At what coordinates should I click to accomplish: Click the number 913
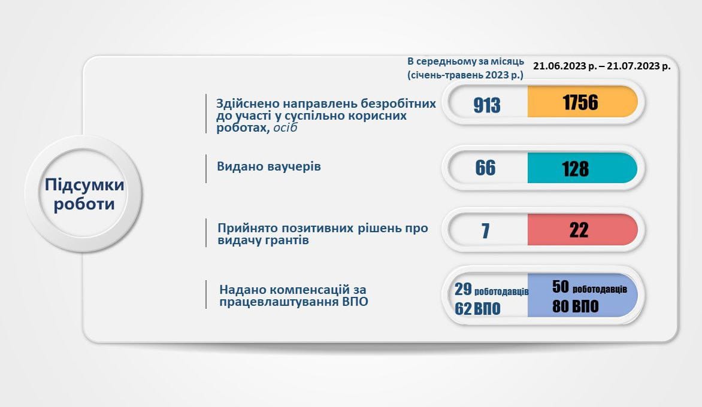click(x=486, y=105)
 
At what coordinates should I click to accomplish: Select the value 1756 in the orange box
click(x=580, y=102)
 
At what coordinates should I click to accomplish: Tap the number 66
click(x=485, y=168)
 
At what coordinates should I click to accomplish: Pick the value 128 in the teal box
click(x=575, y=169)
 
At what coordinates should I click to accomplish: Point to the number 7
click(x=485, y=231)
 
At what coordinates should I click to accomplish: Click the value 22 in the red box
click(x=579, y=230)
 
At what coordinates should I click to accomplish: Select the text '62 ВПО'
click(x=477, y=309)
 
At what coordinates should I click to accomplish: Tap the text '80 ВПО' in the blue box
click(x=575, y=306)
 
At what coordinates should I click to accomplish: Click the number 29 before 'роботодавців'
click(x=463, y=289)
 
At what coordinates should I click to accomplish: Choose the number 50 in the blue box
click(x=561, y=287)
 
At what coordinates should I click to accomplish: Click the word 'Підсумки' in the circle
click(x=84, y=185)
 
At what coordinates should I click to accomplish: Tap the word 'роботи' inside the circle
click(x=84, y=204)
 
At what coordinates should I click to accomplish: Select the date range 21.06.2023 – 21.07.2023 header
click(x=602, y=66)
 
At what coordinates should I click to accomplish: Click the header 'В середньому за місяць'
click(x=465, y=62)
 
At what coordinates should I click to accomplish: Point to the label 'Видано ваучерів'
click(x=268, y=166)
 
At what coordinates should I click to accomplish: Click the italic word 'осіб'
click(x=285, y=127)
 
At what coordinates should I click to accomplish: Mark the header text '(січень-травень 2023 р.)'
click(x=465, y=75)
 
